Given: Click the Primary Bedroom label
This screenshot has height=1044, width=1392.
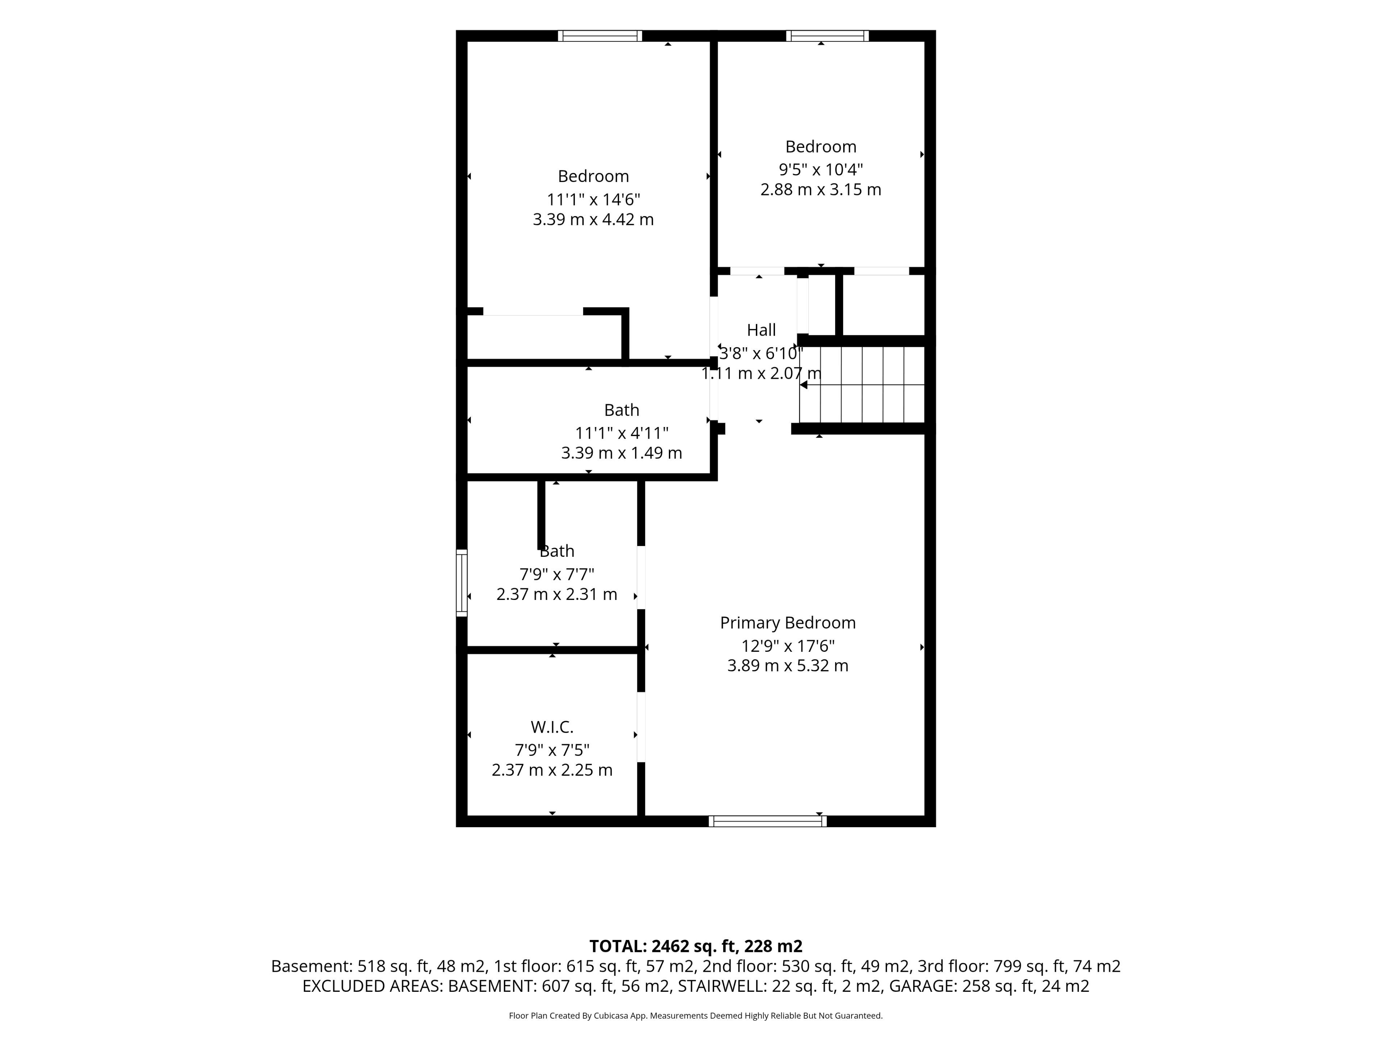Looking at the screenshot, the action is pos(788,623).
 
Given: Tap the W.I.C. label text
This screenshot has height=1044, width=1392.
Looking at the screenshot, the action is pos(552,728).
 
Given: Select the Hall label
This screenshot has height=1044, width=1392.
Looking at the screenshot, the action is pos(762,330).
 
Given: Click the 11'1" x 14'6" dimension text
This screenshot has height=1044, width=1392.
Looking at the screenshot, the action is pos(593,199).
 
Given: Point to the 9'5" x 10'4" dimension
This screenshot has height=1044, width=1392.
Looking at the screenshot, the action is pos(821,169).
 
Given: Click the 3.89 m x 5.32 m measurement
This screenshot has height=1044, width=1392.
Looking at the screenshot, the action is pos(788,666).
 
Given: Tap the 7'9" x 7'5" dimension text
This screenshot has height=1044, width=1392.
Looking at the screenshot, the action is pos(552,750).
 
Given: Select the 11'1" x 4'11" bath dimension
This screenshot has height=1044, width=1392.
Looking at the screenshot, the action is pos(622,433).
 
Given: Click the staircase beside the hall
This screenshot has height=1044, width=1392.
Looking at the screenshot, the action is pos(862,385).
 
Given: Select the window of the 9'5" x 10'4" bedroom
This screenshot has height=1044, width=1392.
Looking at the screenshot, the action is pos(828,36).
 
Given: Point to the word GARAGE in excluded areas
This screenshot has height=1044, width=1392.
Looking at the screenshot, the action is pos(922,986).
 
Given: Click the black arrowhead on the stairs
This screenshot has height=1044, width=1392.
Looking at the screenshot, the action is pos(803,385).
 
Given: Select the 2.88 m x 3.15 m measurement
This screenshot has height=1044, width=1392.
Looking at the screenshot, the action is pos(821,190).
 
